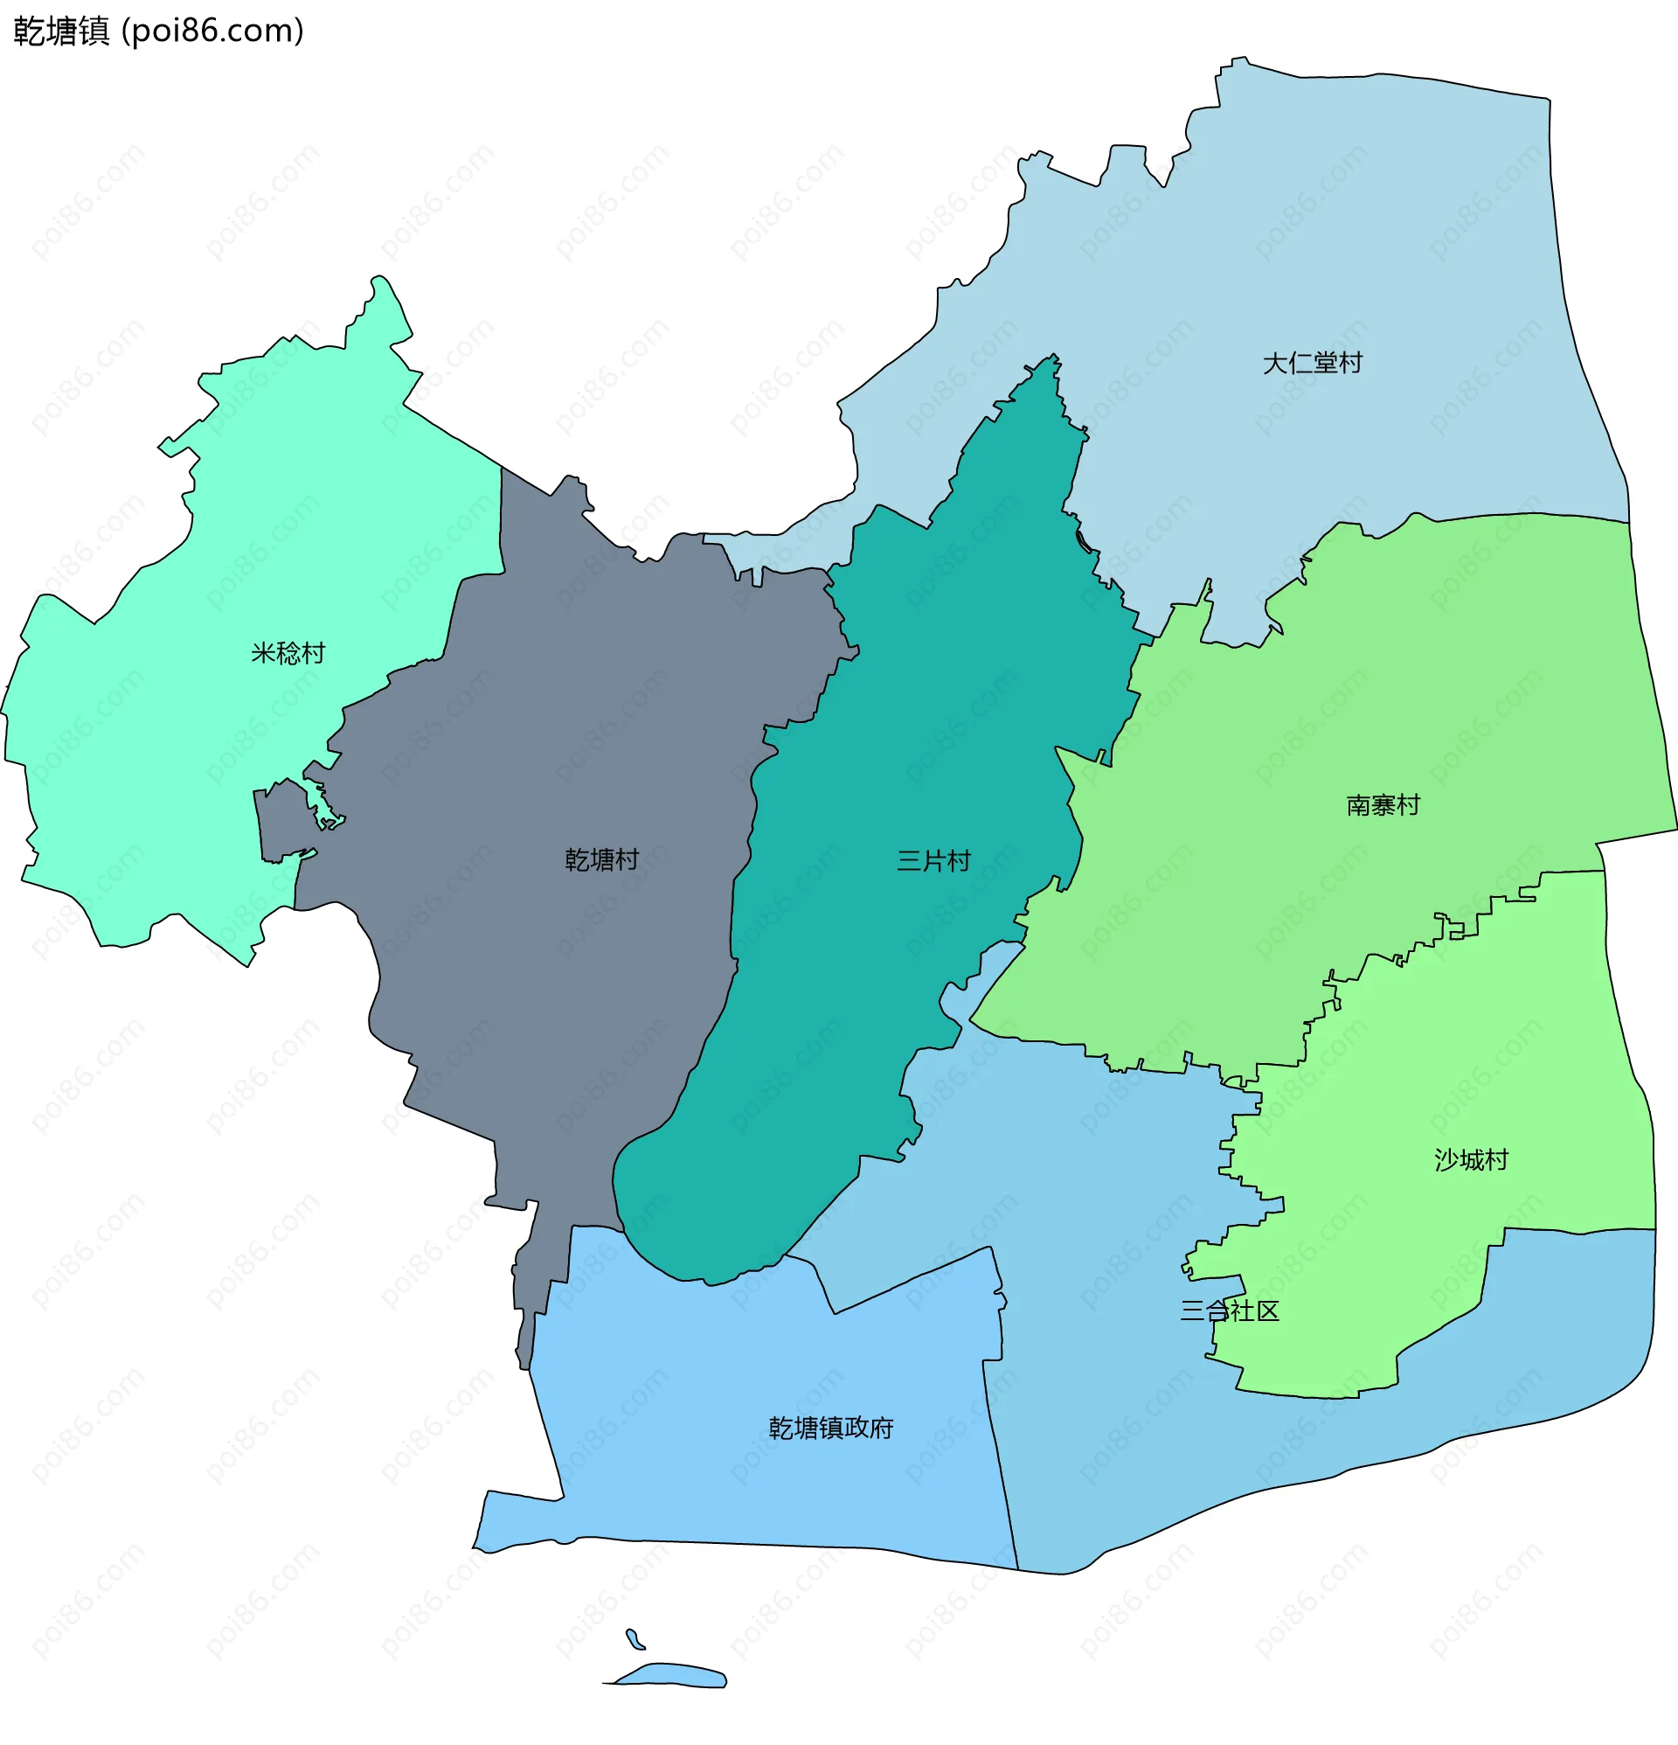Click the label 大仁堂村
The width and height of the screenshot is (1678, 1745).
click(1311, 363)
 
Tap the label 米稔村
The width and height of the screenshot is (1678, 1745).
click(288, 653)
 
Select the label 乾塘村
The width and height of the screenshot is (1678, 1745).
click(602, 860)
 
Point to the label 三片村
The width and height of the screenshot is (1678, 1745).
click(933, 861)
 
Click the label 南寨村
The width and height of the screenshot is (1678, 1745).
click(1383, 806)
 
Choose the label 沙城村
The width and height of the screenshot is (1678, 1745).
click(1471, 1160)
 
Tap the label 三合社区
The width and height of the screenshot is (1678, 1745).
click(1230, 1310)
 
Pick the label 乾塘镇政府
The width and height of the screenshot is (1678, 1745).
click(830, 1428)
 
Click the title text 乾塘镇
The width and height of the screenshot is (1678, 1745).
click(61, 31)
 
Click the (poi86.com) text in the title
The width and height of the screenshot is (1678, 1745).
click(212, 31)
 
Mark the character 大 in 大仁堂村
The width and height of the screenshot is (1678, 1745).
click(1275, 363)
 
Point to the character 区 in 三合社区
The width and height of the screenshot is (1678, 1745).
click(1267, 1310)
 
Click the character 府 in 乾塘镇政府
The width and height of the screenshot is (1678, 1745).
click(880, 1428)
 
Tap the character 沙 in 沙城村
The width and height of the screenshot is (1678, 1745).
click(1446, 1160)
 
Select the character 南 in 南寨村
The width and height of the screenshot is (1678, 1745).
click(1358, 806)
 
